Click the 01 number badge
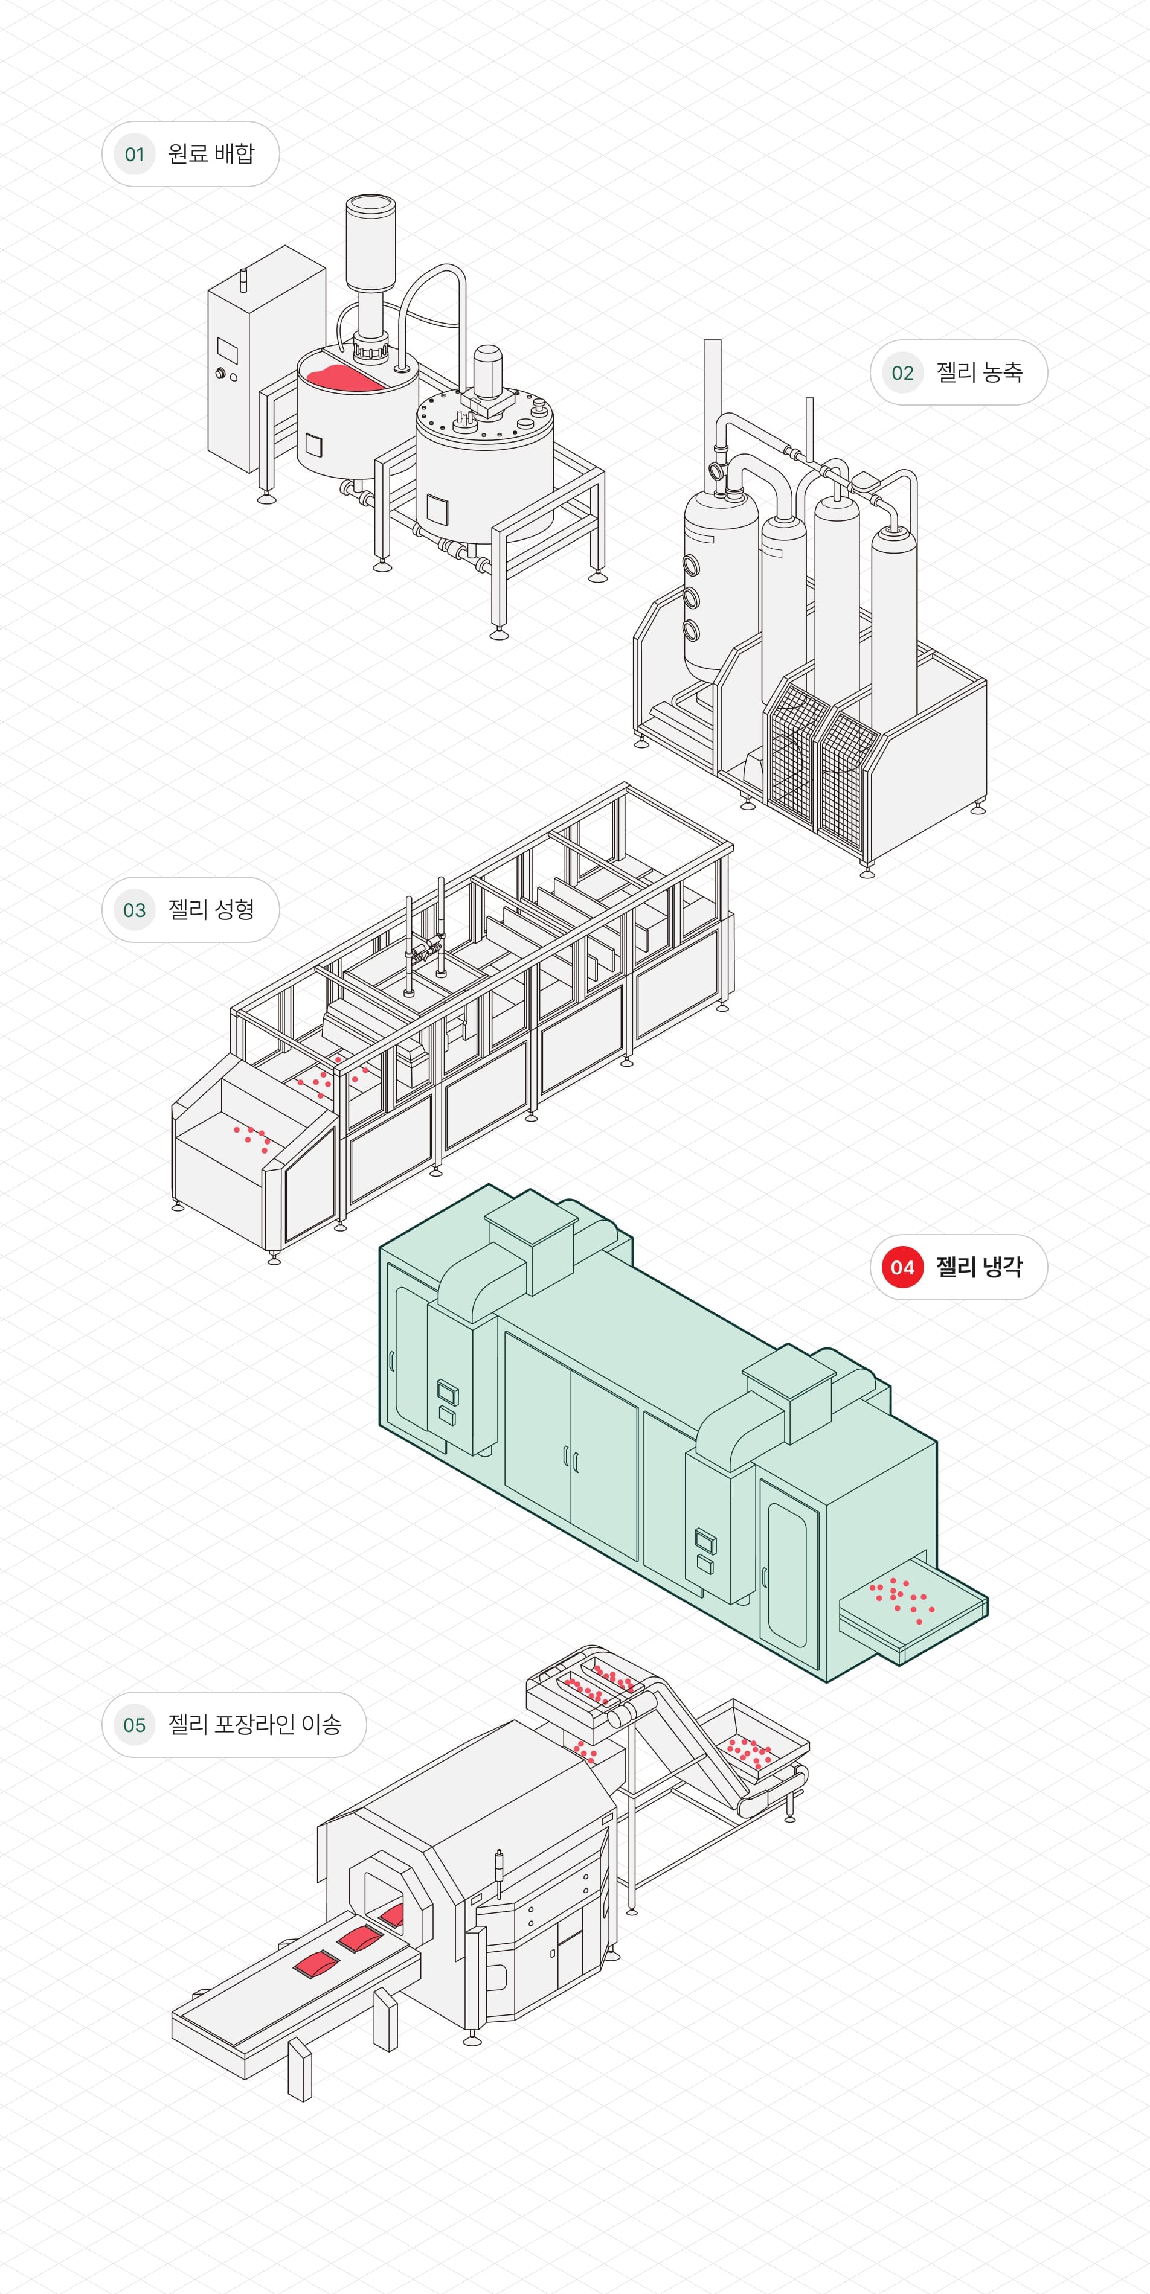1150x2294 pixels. click(135, 154)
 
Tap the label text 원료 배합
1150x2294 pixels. click(211, 154)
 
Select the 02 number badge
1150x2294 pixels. click(902, 373)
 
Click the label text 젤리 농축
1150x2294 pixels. click(979, 373)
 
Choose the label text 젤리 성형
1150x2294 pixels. click(211, 909)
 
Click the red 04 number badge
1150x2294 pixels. click(902, 1267)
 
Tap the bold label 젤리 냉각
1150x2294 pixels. click(979, 1267)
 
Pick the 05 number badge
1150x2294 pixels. click(135, 1725)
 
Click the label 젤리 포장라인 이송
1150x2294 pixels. click(255, 1725)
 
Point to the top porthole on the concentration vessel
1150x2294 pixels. click(691, 564)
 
